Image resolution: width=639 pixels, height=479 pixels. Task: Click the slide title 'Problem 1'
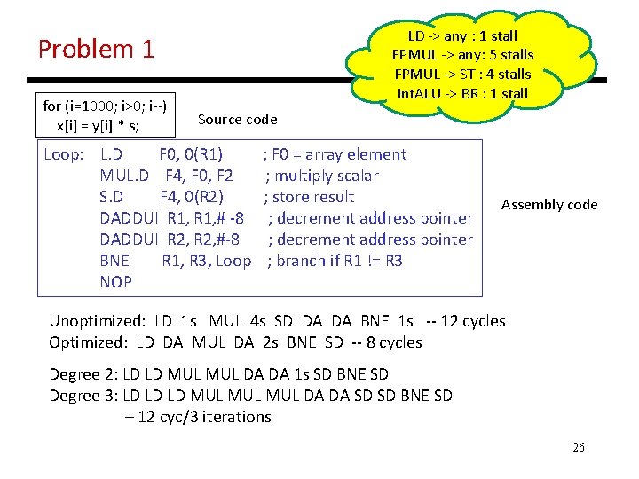pos(96,49)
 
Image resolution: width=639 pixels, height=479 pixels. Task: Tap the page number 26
pos(579,447)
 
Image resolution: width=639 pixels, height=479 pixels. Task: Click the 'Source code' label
pos(237,119)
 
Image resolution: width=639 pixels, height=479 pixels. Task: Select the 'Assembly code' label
pos(549,205)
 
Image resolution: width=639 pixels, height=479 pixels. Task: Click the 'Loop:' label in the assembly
pos(64,154)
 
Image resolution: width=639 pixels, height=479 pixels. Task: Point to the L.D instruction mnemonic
pos(112,154)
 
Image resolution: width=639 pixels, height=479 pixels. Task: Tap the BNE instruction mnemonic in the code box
pos(114,261)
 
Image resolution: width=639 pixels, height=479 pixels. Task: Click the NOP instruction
pos(115,282)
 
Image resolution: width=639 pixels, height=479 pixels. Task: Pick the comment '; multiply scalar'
pos(322,176)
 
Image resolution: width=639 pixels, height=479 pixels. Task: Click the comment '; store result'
pos(309,197)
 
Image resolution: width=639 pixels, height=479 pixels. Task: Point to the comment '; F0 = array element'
pos(335,154)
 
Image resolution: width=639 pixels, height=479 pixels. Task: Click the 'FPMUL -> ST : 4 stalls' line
pos(462,74)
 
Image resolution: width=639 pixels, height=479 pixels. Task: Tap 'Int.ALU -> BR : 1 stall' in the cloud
pos(462,93)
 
